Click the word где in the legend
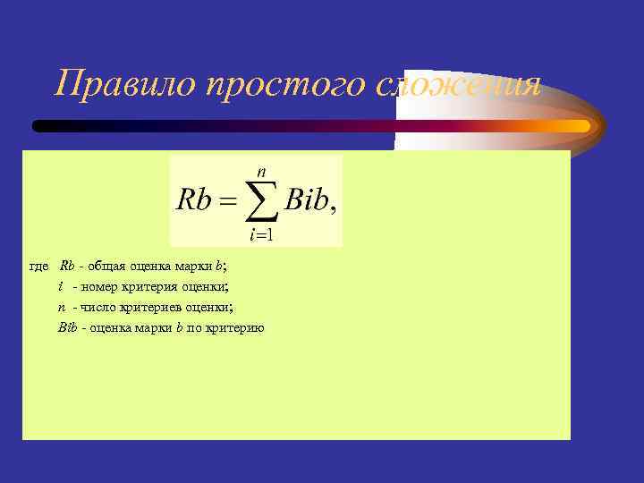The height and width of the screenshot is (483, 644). [40, 267]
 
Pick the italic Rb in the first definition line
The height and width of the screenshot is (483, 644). [67, 267]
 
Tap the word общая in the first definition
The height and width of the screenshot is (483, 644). [108, 267]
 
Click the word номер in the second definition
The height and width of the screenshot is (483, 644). [106, 287]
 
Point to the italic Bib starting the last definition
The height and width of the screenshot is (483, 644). [68, 327]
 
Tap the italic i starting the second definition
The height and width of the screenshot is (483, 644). [61, 287]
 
